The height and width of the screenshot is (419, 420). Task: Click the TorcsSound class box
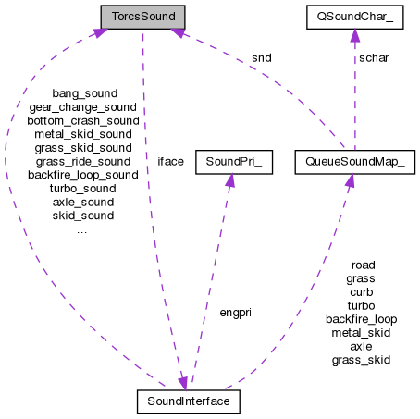point(142,17)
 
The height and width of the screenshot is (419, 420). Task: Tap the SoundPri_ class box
point(229,161)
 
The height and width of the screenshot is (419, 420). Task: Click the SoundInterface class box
point(188,401)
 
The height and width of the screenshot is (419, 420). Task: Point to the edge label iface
point(170,161)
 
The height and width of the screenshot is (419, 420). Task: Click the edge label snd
point(262,57)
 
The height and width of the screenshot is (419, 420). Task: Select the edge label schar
point(374,57)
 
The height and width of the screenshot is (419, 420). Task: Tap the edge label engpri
point(235,312)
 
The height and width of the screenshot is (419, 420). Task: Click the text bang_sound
point(82,92)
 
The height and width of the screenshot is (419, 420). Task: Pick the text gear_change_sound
point(82,106)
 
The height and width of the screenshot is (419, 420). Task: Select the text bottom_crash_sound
point(82,120)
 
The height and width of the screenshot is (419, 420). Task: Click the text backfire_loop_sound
point(82,174)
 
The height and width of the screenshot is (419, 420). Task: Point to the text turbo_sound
point(82,188)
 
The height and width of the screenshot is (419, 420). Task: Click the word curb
point(361,291)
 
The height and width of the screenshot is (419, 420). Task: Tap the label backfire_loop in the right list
point(361,318)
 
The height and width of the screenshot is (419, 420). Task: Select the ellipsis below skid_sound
point(82,229)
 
